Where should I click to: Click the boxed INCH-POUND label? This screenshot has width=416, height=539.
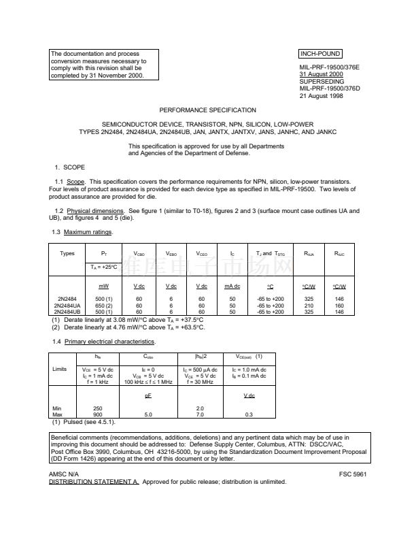pyautogui.click(x=320, y=54)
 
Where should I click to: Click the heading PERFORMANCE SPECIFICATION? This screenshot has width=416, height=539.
pyautogui.click(x=208, y=110)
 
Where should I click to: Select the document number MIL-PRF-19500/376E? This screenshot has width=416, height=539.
pyautogui.click(x=329, y=67)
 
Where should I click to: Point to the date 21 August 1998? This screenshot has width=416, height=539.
pyautogui.click(x=322, y=96)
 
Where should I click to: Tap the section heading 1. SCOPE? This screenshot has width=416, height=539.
pyautogui.click(x=71, y=167)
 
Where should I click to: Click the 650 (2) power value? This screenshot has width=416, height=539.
pyautogui.click(x=104, y=306)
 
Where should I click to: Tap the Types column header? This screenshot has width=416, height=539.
pyautogui.click(x=67, y=253)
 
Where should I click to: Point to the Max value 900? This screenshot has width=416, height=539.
pyautogui.click(x=98, y=414)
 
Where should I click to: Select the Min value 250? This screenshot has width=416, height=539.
pyautogui.click(x=98, y=408)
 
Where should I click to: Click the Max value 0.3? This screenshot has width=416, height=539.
pyautogui.click(x=249, y=414)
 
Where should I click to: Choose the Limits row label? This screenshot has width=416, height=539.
pyautogui.click(x=59, y=369)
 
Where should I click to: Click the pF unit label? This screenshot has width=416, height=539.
pyautogui.click(x=148, y=395)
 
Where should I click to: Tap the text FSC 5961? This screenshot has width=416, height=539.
pyautogui.click(x=353, y=474)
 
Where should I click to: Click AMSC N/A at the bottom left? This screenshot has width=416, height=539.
pyautogui.click(x=64, y=474)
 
